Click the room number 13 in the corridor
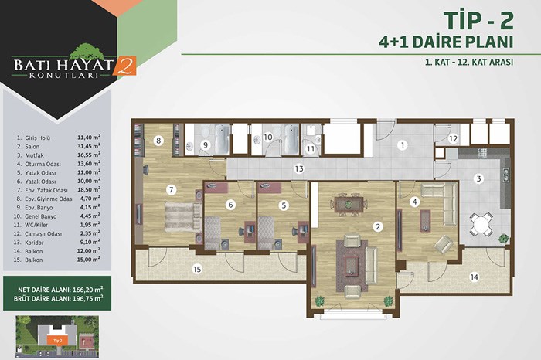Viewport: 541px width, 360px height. click(x=299, y=168)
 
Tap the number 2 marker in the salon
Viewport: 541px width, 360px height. click(x=378, y=226)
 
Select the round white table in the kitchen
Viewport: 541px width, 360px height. click(x=481, y=225)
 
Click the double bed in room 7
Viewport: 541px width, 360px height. click(x=183, y=217)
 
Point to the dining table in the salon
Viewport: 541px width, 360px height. click(x=349, y=204)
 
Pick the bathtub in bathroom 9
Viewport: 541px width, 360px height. click(x=222, y=139)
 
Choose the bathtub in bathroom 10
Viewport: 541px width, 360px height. click(x=291, y=139)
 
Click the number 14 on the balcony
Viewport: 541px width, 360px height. click(x=475, y=277)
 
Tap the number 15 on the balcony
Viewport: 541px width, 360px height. click(x=197, y=269)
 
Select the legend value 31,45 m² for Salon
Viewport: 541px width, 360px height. click(x=89, y=146)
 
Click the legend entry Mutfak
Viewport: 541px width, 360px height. click(x=34, y=155)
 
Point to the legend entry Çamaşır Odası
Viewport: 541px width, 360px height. click(x=43, y=234)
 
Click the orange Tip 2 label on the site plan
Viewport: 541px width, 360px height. click(x=58, y=341)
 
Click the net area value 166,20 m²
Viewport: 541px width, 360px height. click(x=87, y=290)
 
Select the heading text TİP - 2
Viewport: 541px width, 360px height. click(x=478, y=21)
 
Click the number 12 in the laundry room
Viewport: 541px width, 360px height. click(x=453, y=138)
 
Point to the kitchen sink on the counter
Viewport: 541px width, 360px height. click(x=505, y=175)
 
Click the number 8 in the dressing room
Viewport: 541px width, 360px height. click(x=158, y=141)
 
